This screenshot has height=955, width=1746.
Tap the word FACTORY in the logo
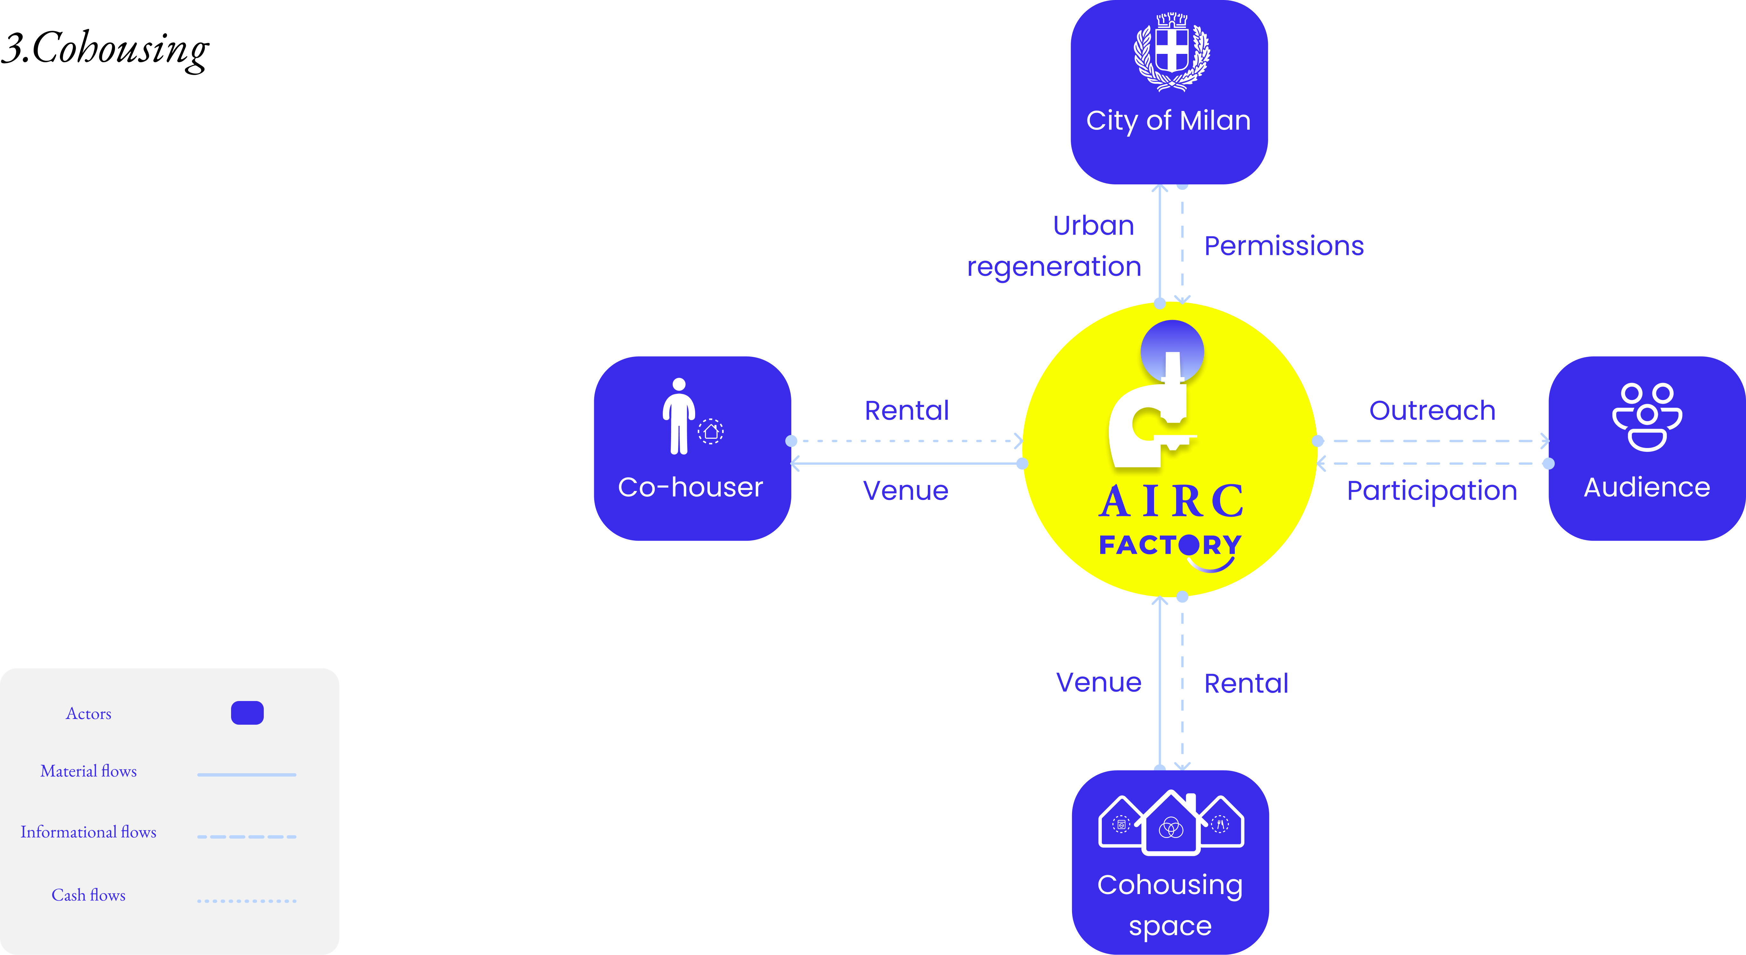point(1170,545)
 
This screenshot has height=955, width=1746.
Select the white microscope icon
point(1152,414)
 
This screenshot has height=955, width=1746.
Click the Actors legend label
point(89,714)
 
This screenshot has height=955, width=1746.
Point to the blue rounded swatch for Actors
point(247,713)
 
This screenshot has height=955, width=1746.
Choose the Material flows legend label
point(89,771)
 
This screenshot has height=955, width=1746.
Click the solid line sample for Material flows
point(247,774)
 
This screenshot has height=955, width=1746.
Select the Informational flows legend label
point(89,832)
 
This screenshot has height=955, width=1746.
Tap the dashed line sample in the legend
point(247,836)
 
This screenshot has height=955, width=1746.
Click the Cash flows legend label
point(89,895)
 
